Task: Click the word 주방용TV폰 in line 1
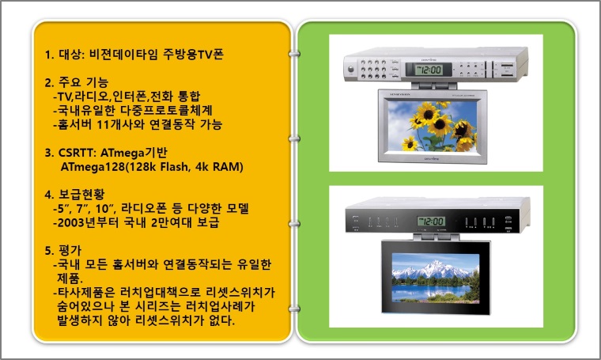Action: point(193,54)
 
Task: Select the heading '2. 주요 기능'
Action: point(77,82)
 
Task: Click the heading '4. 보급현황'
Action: point(74,195)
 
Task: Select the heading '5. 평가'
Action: point(62,251)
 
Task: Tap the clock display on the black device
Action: point(431,222)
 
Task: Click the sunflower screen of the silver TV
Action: point(433,126)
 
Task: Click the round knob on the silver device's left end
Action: point(350,70)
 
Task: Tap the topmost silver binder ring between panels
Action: point(294,54)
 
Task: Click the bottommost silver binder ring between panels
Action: point(294,309)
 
